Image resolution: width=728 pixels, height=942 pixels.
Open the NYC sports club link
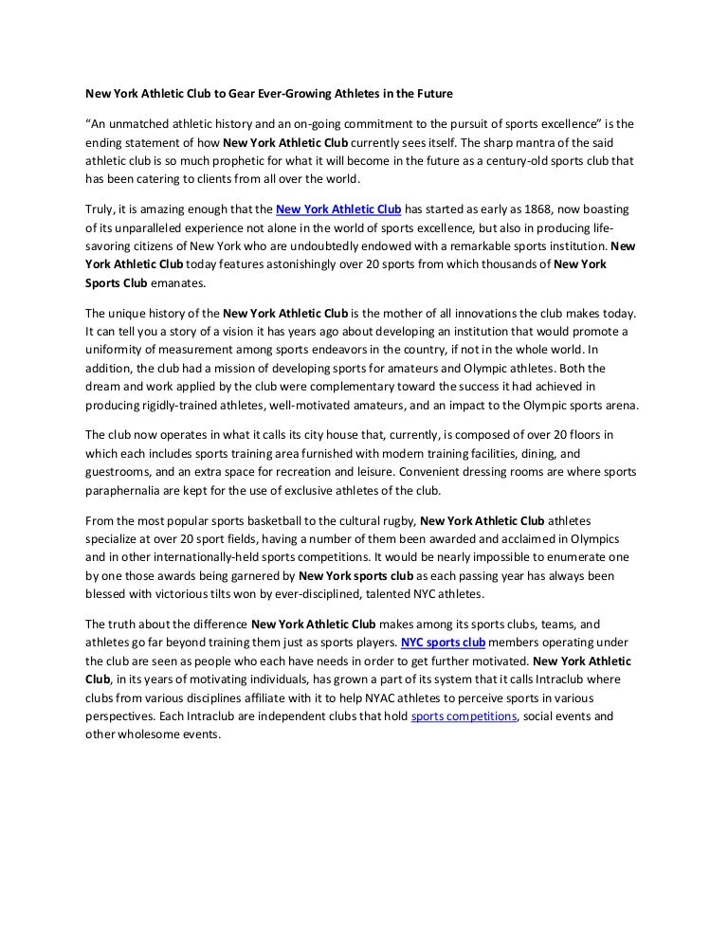point(444,642)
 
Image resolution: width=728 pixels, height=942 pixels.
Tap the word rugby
point(392,520)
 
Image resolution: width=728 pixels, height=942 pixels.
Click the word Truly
point(100,209)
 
